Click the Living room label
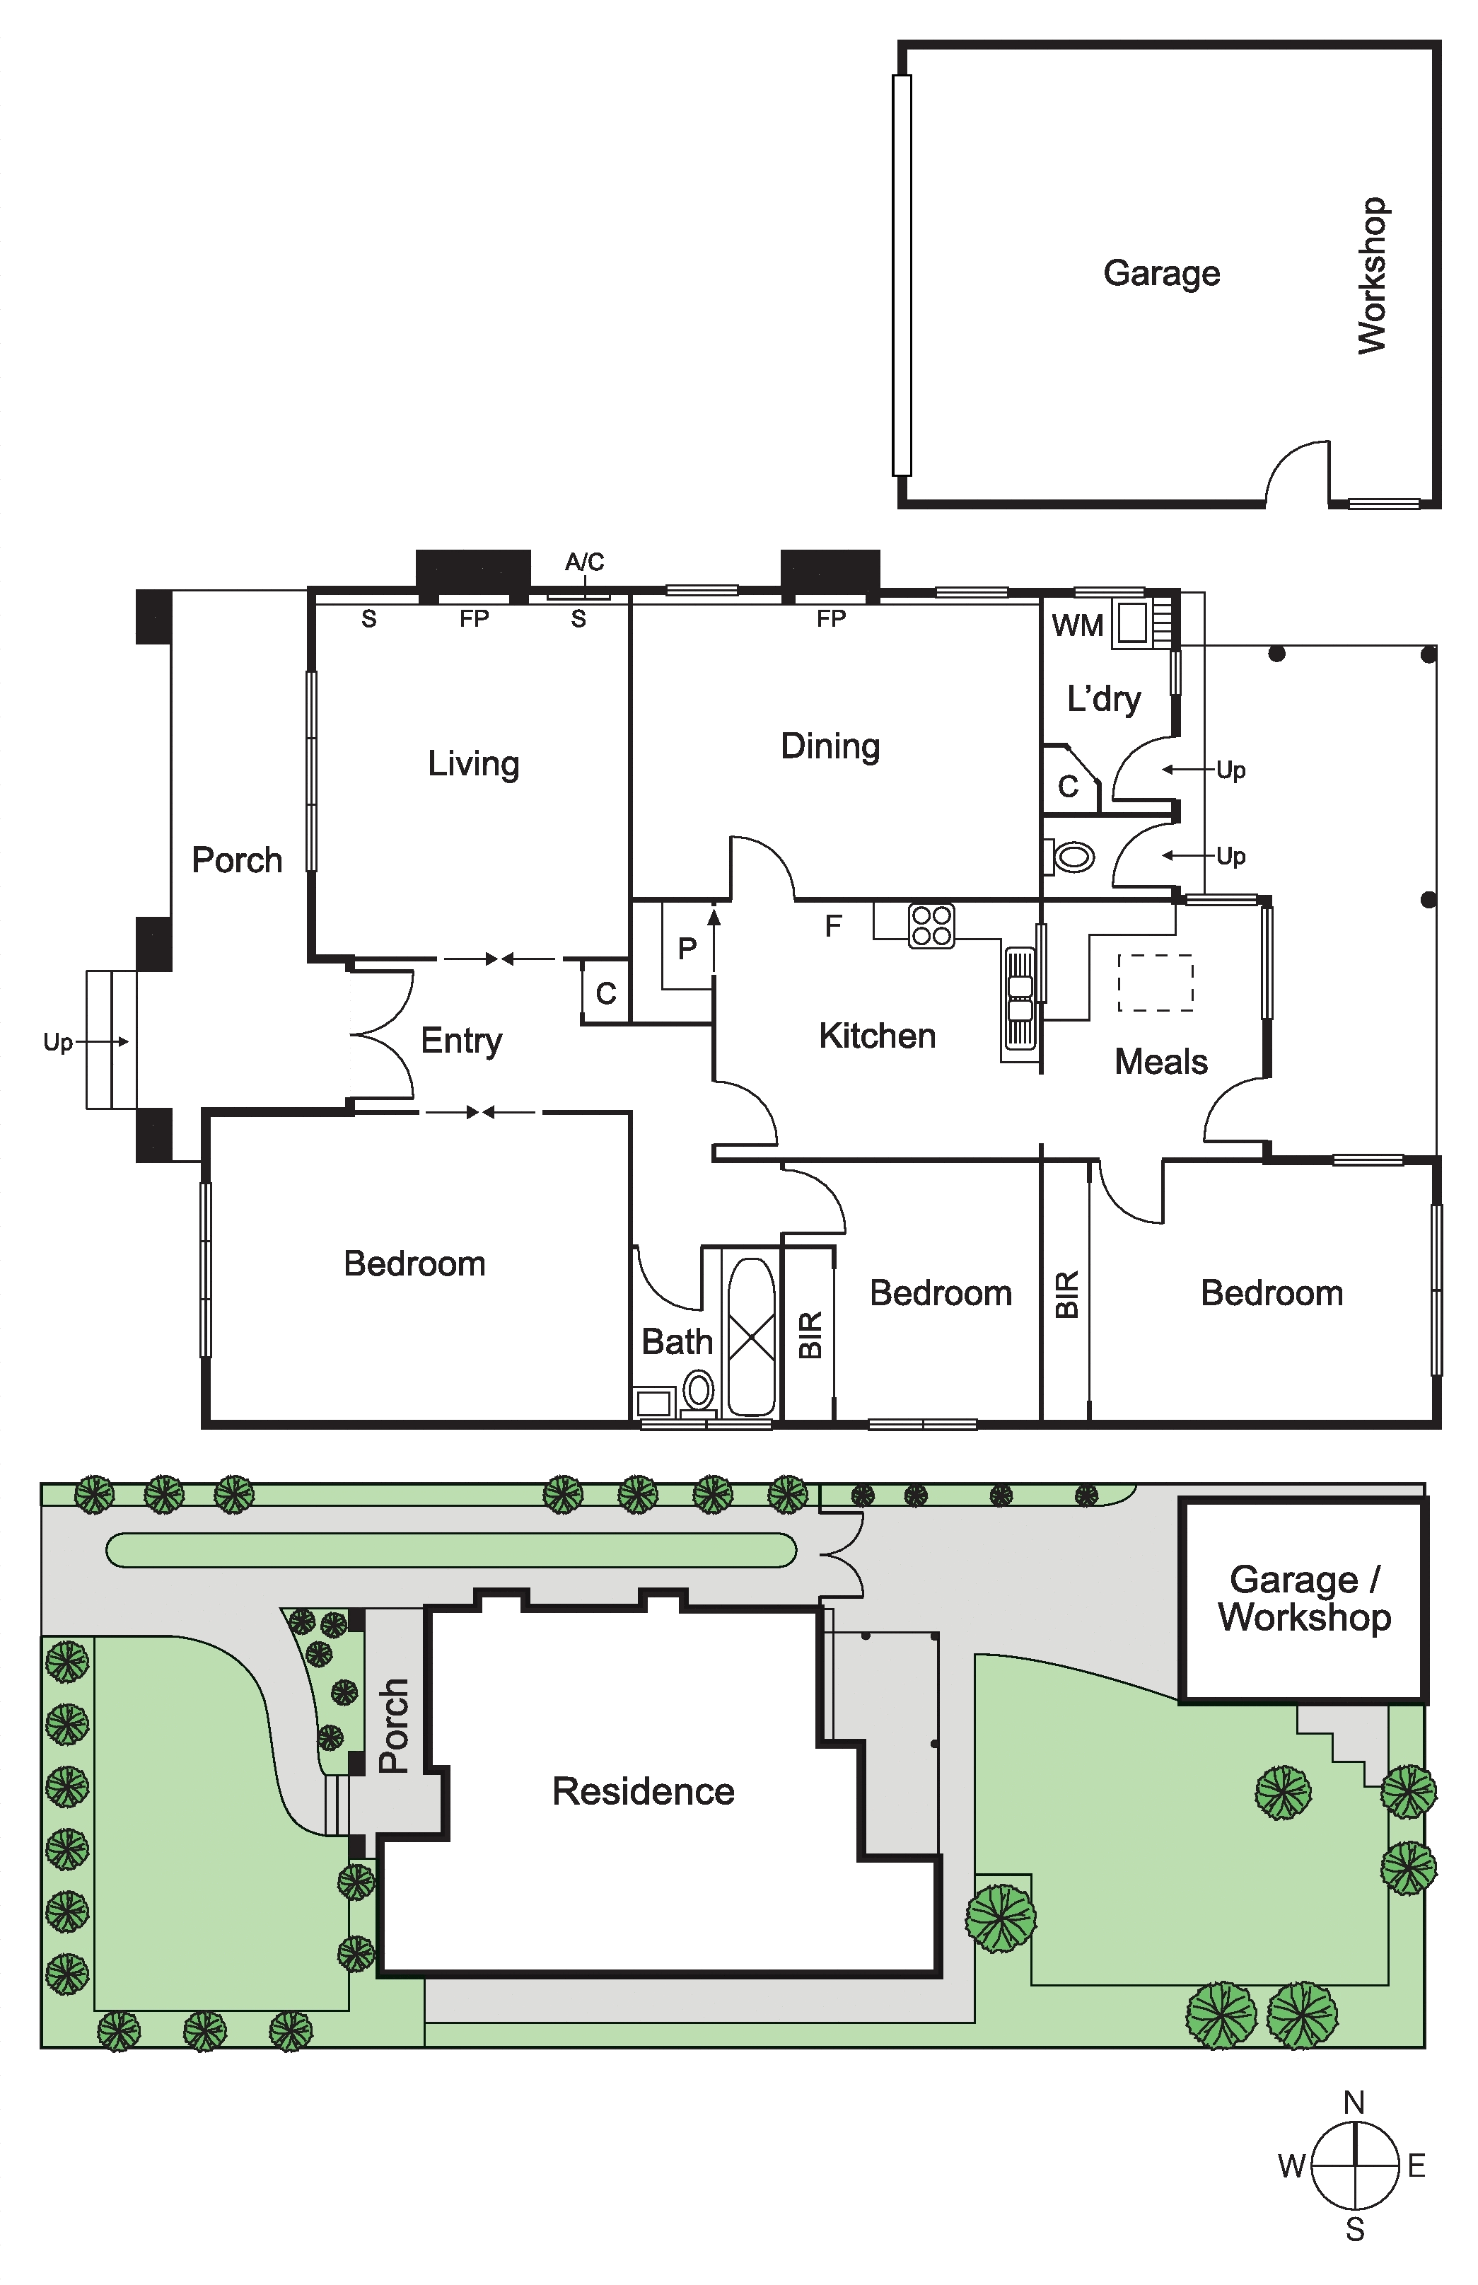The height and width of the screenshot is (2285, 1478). tap(473, 764)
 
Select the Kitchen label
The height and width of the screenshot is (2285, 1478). tap(877, 1036)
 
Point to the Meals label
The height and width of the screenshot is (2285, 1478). tap(1161, 1062)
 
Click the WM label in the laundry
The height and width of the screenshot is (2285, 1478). tap(1078, 626)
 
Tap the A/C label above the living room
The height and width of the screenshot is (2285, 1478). tap(584, 562)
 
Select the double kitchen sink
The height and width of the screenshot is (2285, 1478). tap(1020, 997)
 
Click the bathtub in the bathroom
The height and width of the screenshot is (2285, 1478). tap(752, 1336)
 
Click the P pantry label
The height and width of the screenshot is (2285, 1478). tap(687, 949)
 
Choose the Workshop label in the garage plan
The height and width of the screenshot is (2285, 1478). tap(1373, 276)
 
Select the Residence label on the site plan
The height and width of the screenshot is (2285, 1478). tap(643, 1791)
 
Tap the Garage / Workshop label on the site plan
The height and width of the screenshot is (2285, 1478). tap(1304, 1599)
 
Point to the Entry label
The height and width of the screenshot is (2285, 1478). tap(462, 1041)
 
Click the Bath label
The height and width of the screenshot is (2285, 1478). tap(677, 1341)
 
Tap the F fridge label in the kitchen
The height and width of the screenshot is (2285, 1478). tap(833, 925)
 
